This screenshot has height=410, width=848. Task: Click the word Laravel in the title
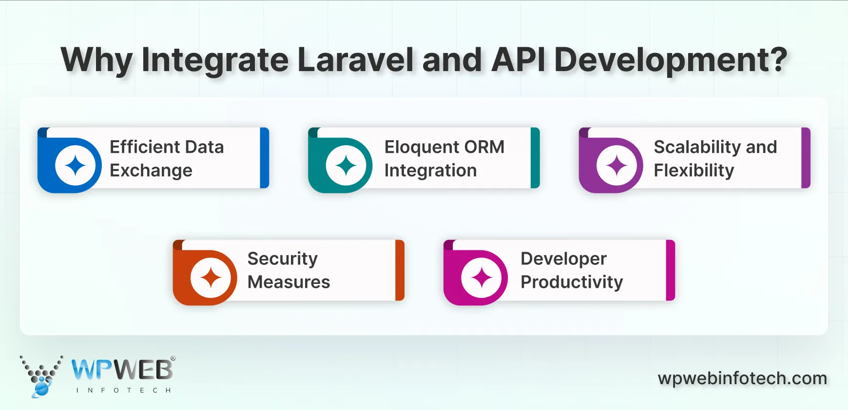coord(355,60)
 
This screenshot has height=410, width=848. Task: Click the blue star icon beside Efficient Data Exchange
coord(75,166)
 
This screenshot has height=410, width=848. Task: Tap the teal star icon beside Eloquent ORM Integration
coord(346,166)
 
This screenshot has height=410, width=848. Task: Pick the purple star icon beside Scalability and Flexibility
coord(617,166)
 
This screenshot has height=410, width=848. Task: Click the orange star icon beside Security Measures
coord(211,278)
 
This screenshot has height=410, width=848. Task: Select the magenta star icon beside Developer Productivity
coord(482,278)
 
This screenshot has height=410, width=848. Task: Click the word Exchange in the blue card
coord(151,171)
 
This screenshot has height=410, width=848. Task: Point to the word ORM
coord(484,147)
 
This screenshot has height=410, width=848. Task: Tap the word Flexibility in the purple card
coord(694,171)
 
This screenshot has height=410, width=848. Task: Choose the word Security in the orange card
coord(282,259)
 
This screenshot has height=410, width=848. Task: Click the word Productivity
coord(572,282)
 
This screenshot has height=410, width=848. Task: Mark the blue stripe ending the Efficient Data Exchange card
coord(265,158)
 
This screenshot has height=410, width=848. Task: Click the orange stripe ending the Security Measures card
coord(400,270)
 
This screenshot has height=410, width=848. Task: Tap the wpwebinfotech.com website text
coord(742,378)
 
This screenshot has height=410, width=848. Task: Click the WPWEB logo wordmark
coord(122,370)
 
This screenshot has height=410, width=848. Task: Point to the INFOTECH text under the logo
coord(123,390)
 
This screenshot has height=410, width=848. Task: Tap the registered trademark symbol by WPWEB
coord(173,358)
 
